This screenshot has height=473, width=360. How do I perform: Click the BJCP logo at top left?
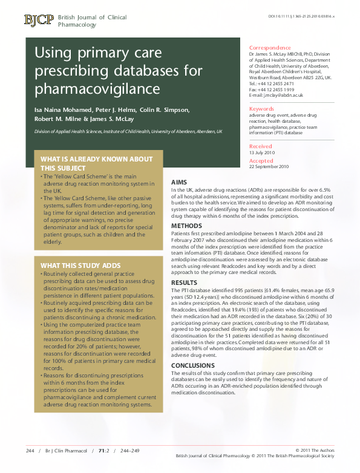38,20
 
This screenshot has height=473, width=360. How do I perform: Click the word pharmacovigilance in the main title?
97,90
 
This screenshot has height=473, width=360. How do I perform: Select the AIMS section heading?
180,182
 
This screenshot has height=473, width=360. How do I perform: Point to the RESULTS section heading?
185,282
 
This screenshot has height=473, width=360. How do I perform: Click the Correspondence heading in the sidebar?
270,47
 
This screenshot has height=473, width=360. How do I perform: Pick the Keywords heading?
261,108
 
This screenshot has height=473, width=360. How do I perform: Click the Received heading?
261,146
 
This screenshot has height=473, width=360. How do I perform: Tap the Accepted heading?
261,161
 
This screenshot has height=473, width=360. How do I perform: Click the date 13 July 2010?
262,152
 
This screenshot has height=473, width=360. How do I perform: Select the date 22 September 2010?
269,167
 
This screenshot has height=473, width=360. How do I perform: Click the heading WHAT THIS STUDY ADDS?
80,266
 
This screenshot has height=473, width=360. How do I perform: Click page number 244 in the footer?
30,451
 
